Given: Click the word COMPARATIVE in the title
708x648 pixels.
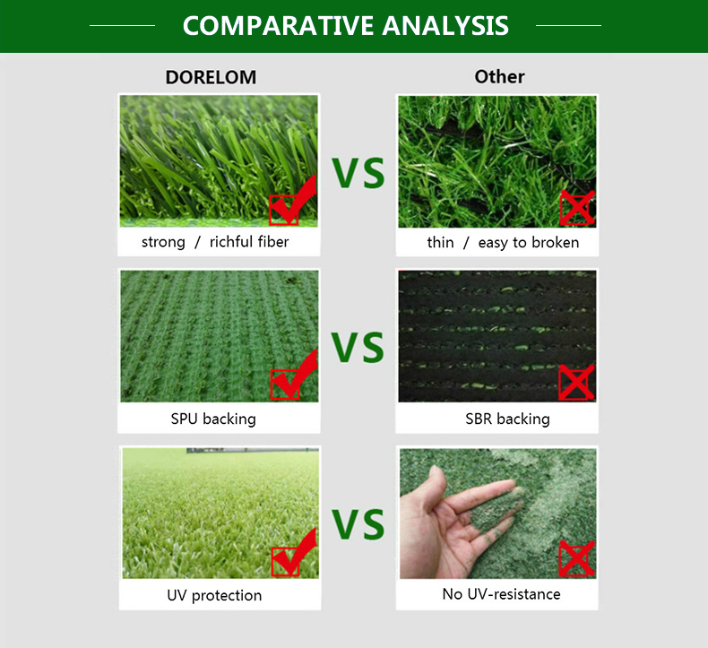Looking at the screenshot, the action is (277, 26).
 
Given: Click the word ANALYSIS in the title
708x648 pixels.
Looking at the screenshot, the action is (445, 26).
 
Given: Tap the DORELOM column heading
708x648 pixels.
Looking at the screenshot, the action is (211, 77).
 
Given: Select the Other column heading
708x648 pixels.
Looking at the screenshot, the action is (499, 77).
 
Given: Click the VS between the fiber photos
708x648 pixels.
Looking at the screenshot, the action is (358, 173).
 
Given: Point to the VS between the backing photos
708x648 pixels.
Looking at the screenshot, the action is (358, 347).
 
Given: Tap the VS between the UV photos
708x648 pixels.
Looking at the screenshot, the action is (358, 523).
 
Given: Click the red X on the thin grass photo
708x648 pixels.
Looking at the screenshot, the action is (577, 208).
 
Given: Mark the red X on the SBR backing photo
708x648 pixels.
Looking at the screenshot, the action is (576, 382).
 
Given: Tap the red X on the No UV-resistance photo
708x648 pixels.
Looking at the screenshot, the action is (576, 558).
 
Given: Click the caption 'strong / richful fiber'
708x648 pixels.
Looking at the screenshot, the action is (215, 242).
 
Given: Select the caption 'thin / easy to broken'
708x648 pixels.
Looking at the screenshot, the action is (503, 243).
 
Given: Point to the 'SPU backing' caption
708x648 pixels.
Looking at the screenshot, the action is (213, 419).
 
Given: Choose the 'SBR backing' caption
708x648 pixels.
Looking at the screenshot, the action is (507, 419).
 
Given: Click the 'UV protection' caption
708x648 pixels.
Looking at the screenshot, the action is (214, 595).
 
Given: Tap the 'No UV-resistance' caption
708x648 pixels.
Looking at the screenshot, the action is (501, 594).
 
